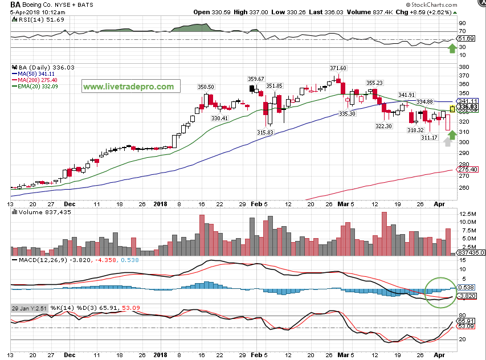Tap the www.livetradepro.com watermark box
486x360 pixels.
(128, 87)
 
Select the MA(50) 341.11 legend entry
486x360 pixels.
(36, 73)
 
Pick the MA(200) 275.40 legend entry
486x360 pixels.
(38, 80)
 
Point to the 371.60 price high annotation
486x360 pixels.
(338, 67)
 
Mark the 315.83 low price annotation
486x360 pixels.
(266, 132)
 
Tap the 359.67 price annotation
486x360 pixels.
(255, 79)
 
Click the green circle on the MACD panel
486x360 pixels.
(442, 292)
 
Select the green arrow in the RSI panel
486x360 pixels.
(452, 48)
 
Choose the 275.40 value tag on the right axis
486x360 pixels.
(467, 169)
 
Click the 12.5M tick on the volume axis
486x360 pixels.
(465, 213)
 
